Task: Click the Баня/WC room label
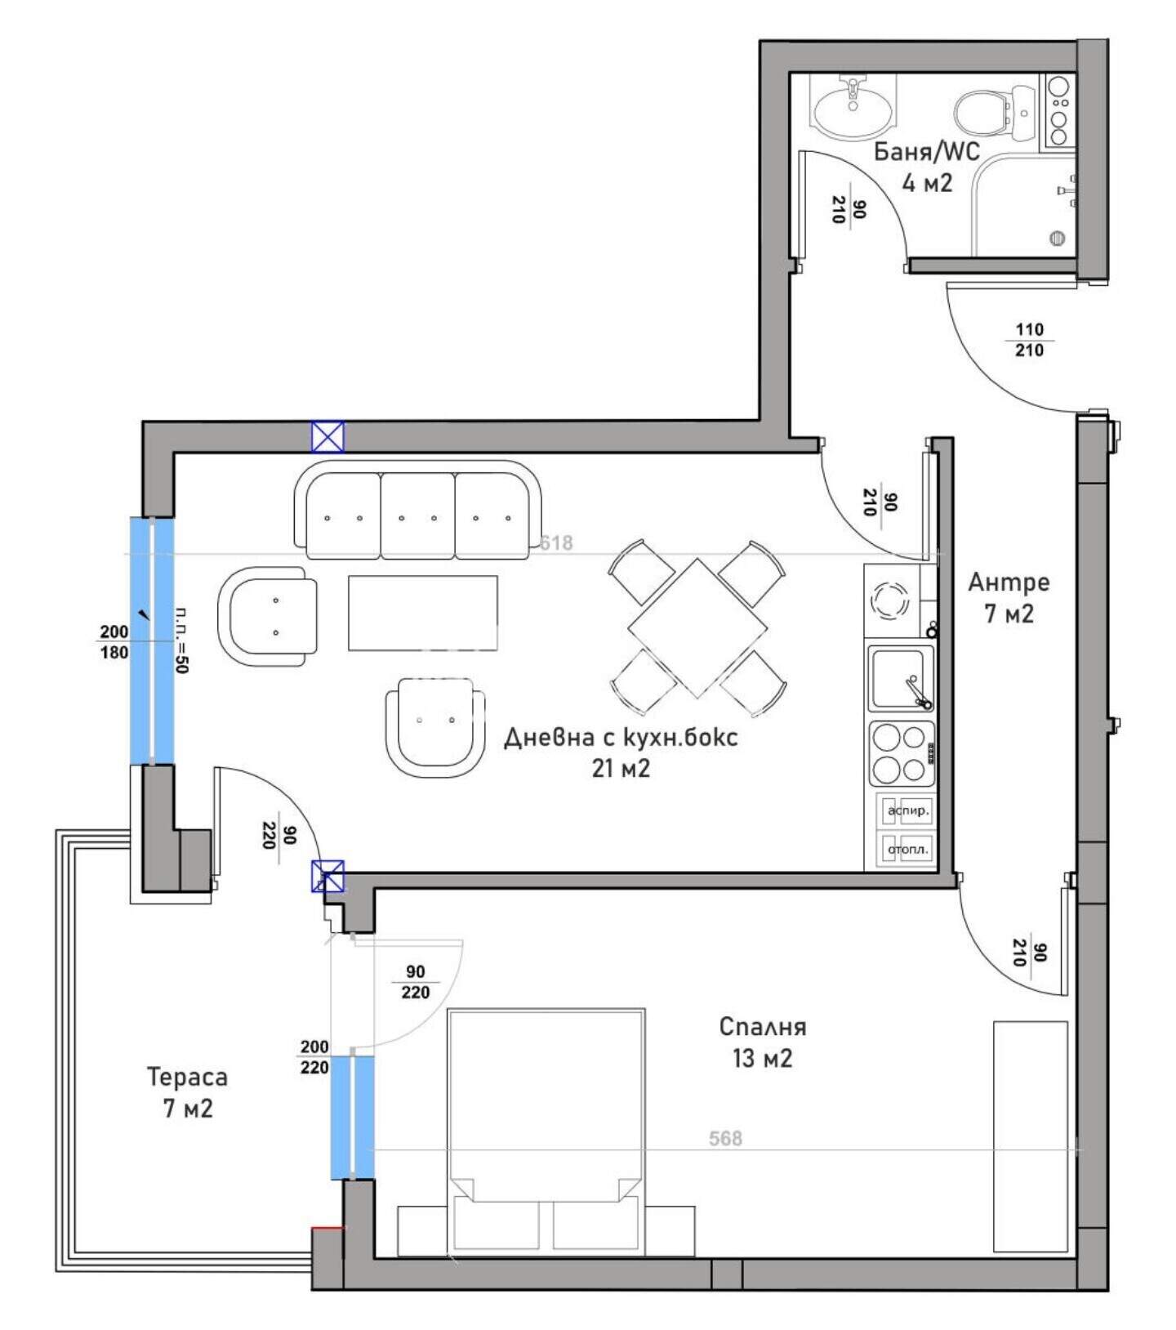(927, 152)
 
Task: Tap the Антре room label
(1009, 582)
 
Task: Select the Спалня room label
(763, 1027)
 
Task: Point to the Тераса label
(187, 1077)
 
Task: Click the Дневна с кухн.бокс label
(621, 737)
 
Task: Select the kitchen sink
(901, 678)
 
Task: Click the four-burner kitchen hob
(902, 753)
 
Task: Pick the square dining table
(697, 627)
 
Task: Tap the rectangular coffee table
(423, 613)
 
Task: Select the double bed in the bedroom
(546, 1131)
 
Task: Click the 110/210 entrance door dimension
(1029, 340)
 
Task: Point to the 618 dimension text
(557, 542)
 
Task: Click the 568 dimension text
(725, 1138)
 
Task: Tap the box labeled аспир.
(907, 811)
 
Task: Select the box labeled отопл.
(907, 849)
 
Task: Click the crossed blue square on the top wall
(327, 437)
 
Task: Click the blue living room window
(152, 641)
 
